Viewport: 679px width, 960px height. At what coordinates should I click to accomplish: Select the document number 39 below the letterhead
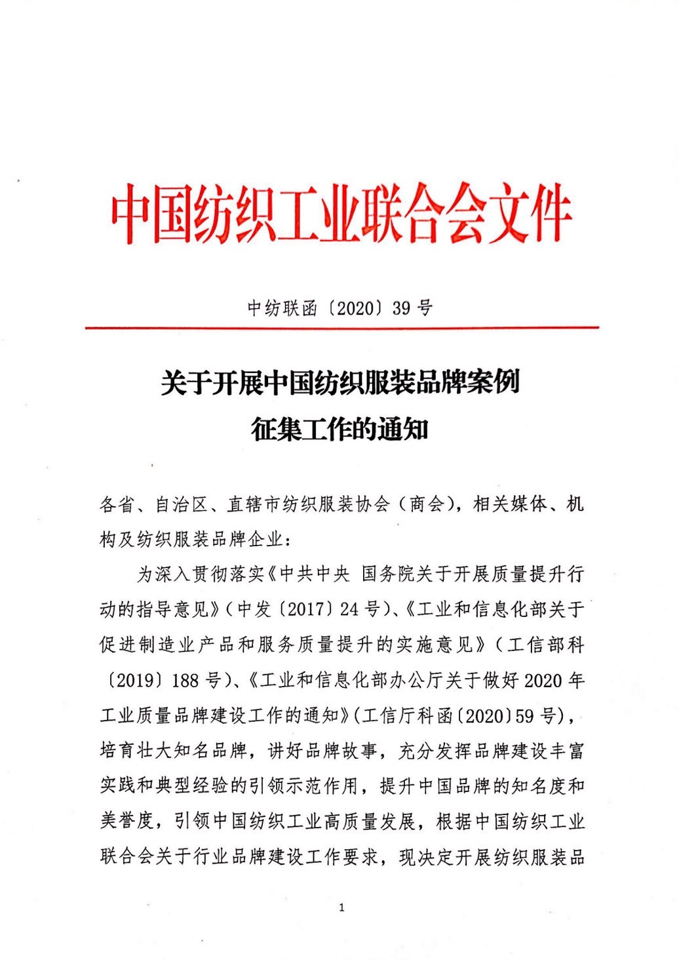(401, 308)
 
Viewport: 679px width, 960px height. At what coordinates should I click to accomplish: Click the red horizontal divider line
(341, 327)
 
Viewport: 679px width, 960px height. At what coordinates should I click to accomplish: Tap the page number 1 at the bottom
(341, 908)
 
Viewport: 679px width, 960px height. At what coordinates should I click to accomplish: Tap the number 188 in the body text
(185, 681)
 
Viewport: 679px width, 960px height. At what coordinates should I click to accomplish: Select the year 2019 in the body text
(138, 681)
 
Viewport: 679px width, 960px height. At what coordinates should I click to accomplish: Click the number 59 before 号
(524, 715)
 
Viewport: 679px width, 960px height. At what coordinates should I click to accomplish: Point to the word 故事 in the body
(360, 751)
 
